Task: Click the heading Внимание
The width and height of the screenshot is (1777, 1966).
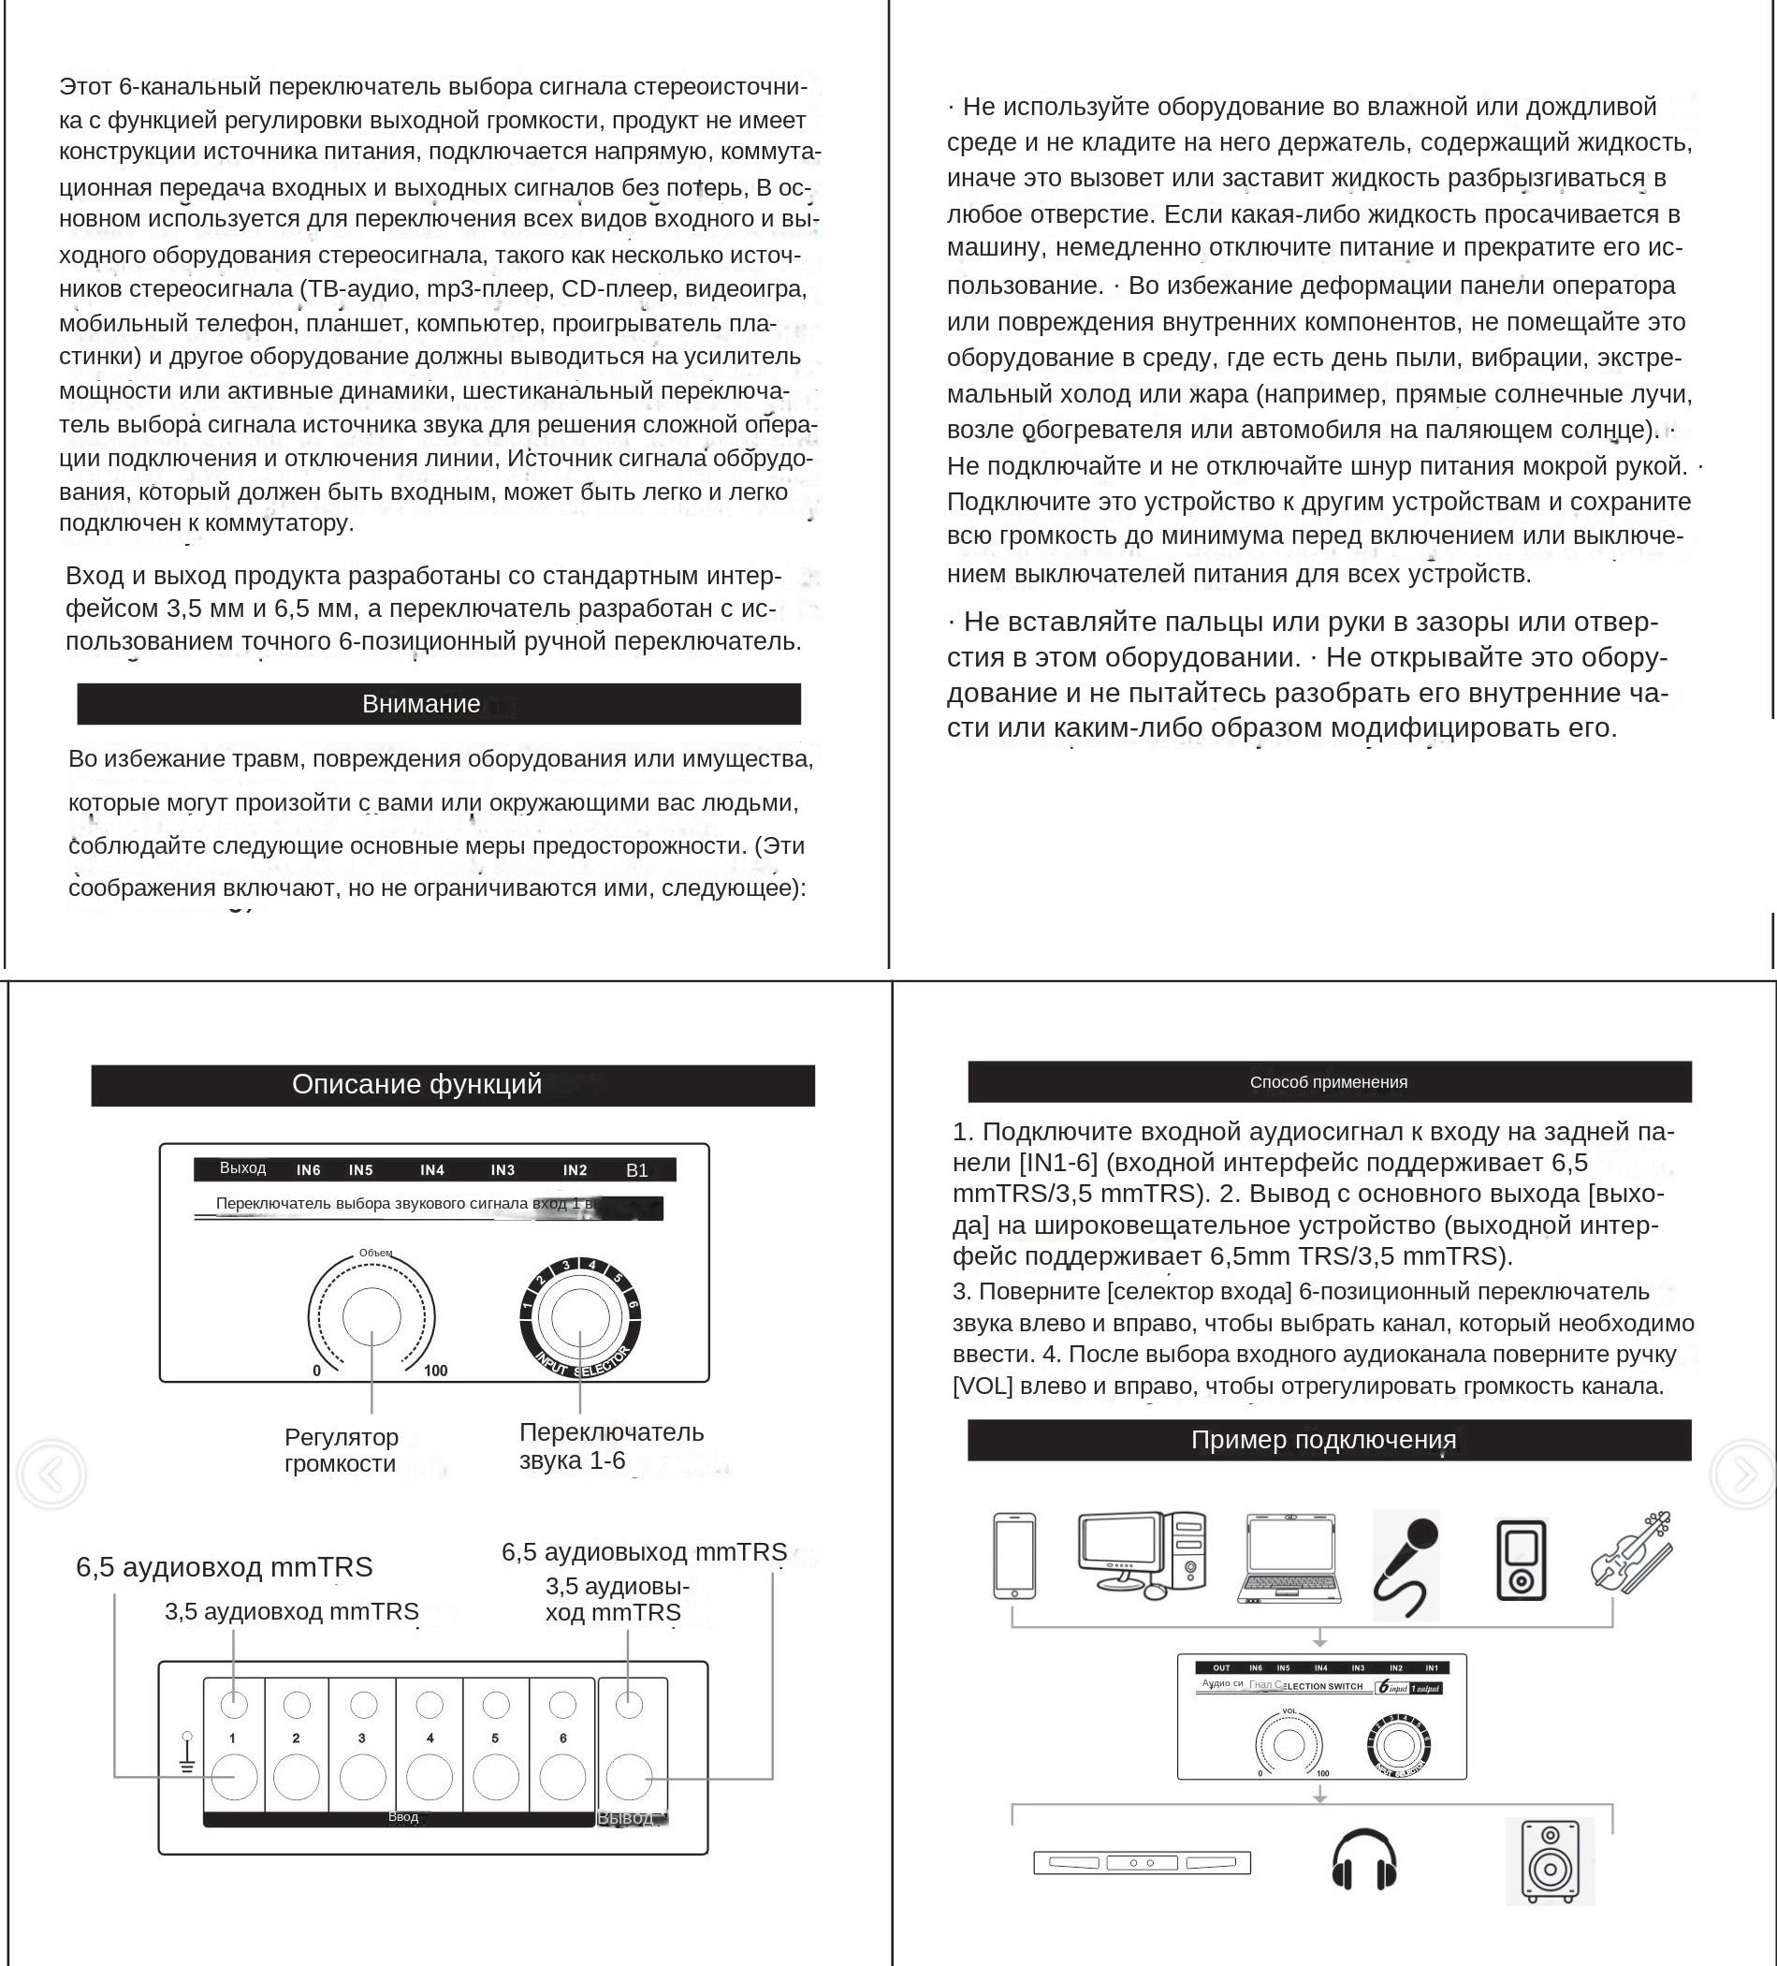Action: (x=421, y=704)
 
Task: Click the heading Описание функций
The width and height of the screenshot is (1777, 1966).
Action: (x=417, y=1084)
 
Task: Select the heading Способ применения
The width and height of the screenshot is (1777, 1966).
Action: (x=1328, y=1081)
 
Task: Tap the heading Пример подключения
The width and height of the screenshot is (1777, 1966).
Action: (x=1324, y=1440)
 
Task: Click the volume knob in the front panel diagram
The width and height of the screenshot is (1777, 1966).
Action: (x=371, y=1316)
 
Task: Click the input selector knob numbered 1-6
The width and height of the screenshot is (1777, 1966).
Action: (x=580, y=1316)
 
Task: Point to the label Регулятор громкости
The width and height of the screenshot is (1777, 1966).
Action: (x=342, y=1450)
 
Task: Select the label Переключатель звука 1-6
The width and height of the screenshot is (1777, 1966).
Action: (x=611, y=1446)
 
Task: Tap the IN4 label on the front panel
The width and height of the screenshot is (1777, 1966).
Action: (x=431, y=1170)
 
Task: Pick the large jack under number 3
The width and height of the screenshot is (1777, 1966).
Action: (x=363, y=1778)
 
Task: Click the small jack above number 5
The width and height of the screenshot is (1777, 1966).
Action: (x=496, y=1705)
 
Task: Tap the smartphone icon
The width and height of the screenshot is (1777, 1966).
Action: (x=1013, y=1556)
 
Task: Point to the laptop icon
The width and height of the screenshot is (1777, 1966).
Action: (x=1289, y=1559)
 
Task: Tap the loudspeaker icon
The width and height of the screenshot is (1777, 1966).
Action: (x=1550, y=1861)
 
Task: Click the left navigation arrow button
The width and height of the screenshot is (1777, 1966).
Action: (x=51, y=1474)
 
